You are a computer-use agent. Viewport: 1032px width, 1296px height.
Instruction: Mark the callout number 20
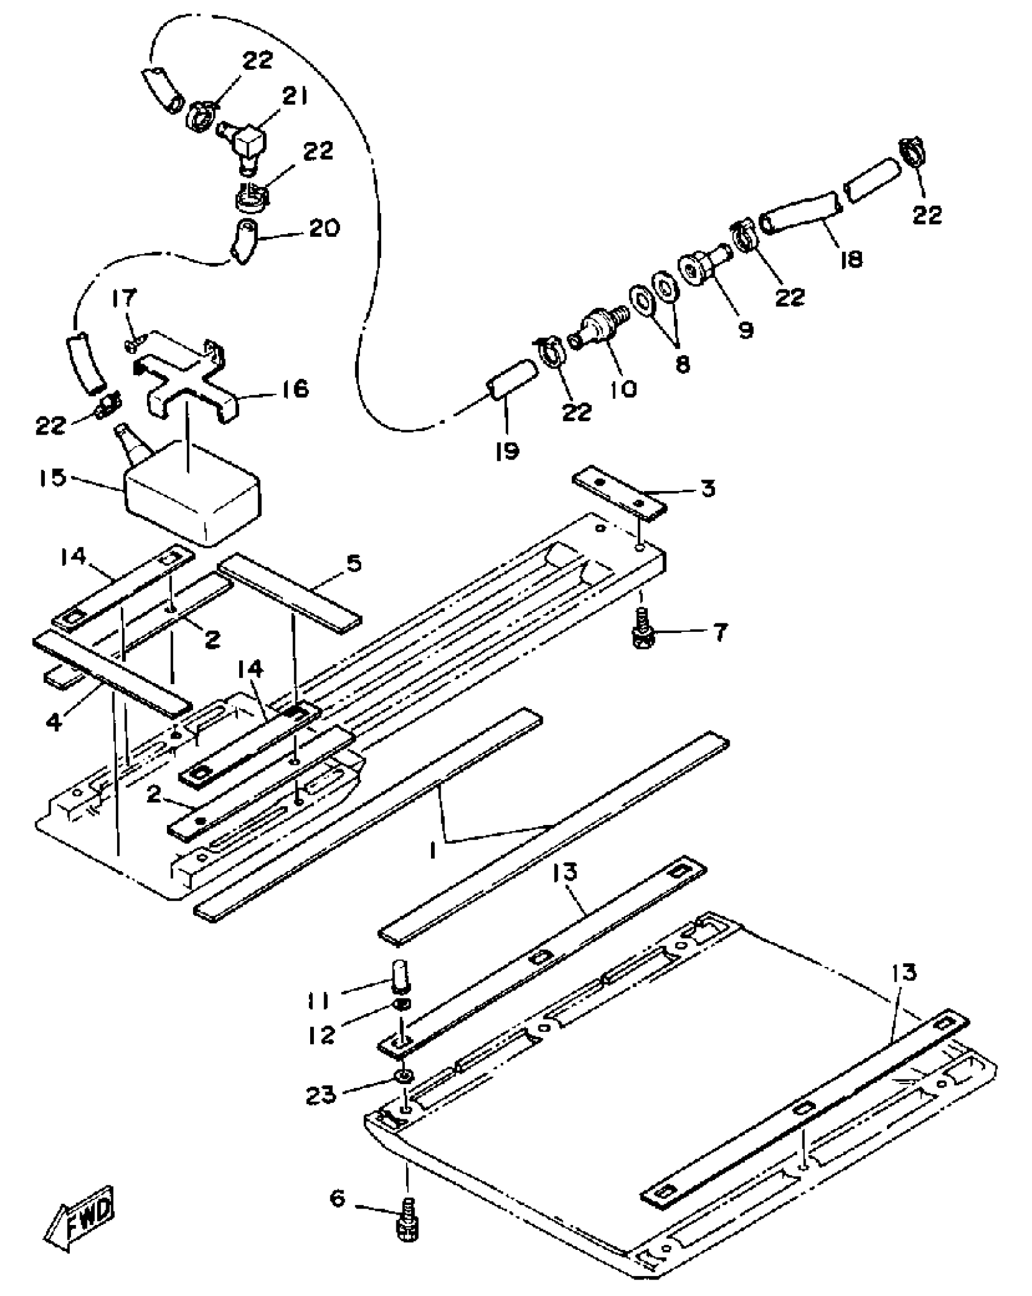point(324,229)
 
